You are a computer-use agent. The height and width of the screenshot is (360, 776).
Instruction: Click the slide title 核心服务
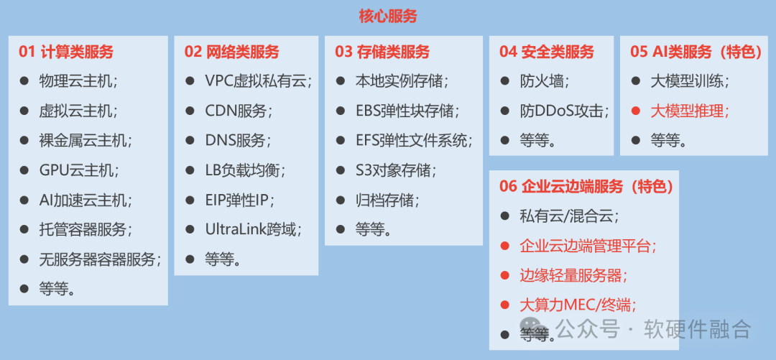[x=388, y=17]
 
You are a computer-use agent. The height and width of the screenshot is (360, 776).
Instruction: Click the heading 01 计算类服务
[x=66, y=52]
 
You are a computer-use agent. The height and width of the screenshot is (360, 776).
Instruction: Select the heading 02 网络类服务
[x=231, y=52]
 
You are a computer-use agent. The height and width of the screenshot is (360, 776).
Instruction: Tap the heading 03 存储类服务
[x=382, y=52]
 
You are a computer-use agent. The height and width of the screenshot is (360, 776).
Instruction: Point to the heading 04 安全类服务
[x=546, y=52]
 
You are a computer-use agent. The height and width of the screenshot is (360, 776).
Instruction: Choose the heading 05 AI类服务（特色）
[x=696, y=52]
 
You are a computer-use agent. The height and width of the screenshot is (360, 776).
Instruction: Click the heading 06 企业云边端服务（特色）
[x=586, y=186]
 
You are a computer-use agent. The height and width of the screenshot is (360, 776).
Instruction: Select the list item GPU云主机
[x=79, y=170]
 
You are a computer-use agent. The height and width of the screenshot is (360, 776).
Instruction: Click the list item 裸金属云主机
[x=86, y=141]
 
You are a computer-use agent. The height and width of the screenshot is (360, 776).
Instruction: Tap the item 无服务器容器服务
[x=101, y=259]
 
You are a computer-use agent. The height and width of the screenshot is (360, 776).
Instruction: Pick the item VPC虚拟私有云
[x=259, y=81]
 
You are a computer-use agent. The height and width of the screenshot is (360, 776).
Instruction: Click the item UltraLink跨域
[x=254, y=229]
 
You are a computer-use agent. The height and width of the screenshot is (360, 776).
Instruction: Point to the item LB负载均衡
[x=246, y=170]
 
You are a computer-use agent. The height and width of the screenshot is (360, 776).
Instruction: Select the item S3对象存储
[x=396, y=170]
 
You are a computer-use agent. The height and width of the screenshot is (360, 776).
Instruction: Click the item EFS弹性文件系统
[x=414, y=141]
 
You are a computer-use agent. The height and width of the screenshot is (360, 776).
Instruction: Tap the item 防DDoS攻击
[x=564, y=111]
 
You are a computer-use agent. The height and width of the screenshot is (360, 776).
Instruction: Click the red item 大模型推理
[x=690, y=111]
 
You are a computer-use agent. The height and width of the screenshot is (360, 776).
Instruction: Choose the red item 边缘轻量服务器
[x=573, y=275]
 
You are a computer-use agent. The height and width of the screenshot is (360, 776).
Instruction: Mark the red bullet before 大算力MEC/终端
[x=505, y=305]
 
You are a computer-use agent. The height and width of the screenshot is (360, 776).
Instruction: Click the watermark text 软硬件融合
[x=697, y=328]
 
